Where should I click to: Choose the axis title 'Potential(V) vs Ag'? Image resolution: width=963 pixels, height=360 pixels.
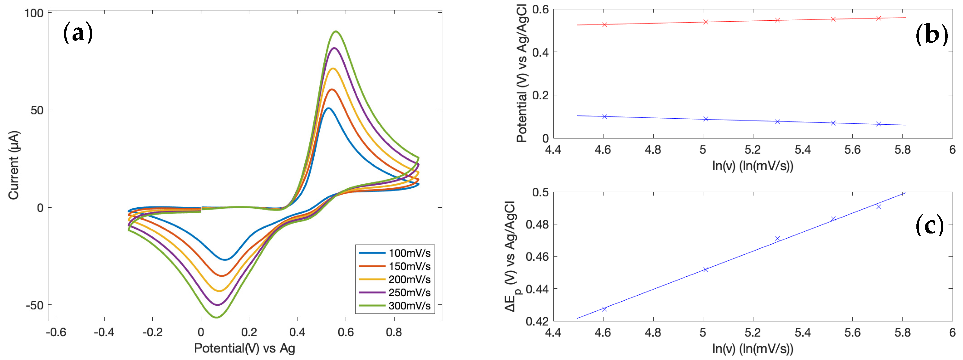(245, 348)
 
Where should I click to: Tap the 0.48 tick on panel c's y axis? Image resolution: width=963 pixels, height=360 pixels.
(537, 224)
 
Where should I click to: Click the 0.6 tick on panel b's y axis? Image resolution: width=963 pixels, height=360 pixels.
(540, 9)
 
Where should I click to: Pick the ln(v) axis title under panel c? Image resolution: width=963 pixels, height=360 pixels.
(753, 348)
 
